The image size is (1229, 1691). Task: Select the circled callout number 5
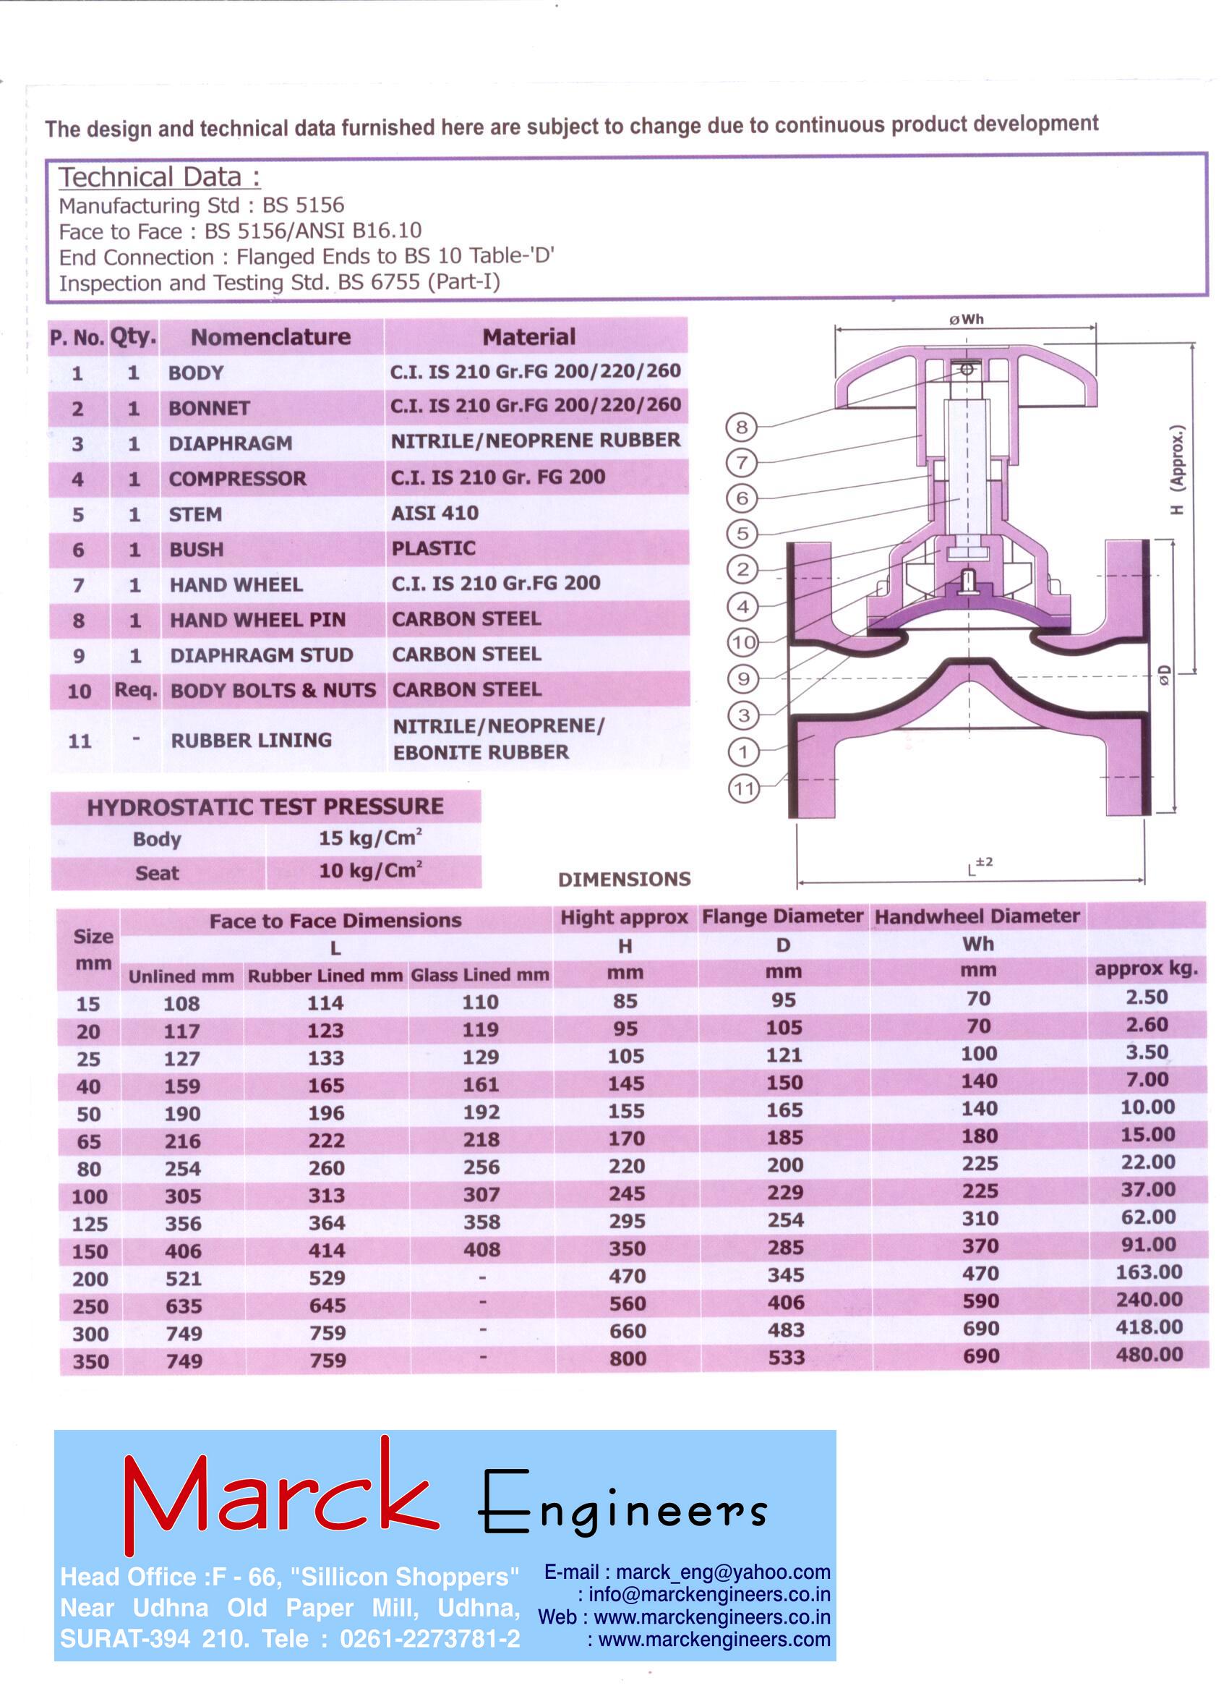[x=742, y=534]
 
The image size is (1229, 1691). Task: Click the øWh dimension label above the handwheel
[x=966, y=320]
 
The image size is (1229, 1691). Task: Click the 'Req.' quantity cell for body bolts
[x=135, y=691]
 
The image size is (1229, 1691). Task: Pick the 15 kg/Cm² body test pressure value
[x=370, y=838]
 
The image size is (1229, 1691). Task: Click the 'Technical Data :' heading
[x=160, y=177]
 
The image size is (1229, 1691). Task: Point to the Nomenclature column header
[x=270, y=337]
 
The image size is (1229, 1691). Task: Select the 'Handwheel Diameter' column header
[x=977, y=916]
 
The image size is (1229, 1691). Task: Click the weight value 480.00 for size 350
[x=1149, y=1354]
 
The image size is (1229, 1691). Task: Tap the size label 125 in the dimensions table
[x=90, y=1224]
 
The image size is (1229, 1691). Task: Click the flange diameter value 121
[x=784, y=1055]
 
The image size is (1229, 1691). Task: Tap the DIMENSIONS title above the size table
[x=624, y=879]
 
